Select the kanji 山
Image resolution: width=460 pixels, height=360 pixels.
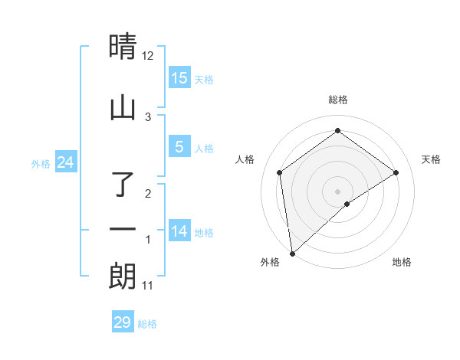click(x=123, y=108)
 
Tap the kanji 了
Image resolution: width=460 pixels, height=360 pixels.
click(x=124, y=185)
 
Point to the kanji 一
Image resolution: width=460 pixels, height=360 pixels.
click(x=123, y=230)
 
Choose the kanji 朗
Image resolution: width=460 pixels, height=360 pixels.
click(x=123, y=277)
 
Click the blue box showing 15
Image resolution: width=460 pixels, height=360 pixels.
click(x=179, y=78)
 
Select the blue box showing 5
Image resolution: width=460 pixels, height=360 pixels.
click(x=179, y=147)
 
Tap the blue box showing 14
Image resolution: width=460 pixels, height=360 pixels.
click(x=179, y=231)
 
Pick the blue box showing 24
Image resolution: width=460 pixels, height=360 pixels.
click(x=65, y=162)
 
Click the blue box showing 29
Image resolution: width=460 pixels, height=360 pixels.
click(x=122, y=322)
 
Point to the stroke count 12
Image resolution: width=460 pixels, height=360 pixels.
click(x=147, y=55)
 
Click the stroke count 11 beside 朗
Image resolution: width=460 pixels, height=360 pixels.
click(x=147, y=285)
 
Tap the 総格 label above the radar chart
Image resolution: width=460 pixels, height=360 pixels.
click(x=337, y=100)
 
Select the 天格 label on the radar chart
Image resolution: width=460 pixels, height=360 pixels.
click(x=431, y=159)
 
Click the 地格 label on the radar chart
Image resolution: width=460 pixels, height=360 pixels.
click(x=402, y=262)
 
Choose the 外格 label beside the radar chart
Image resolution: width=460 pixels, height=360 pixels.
click(x=270, y=262)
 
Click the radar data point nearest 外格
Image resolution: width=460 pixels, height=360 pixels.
click(x=292, y=253)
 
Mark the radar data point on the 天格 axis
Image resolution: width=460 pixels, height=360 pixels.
click(x=396, y=172)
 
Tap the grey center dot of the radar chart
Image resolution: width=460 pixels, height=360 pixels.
click(x=337, y=191)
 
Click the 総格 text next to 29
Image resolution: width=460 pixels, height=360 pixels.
click(x=147, y=324)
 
